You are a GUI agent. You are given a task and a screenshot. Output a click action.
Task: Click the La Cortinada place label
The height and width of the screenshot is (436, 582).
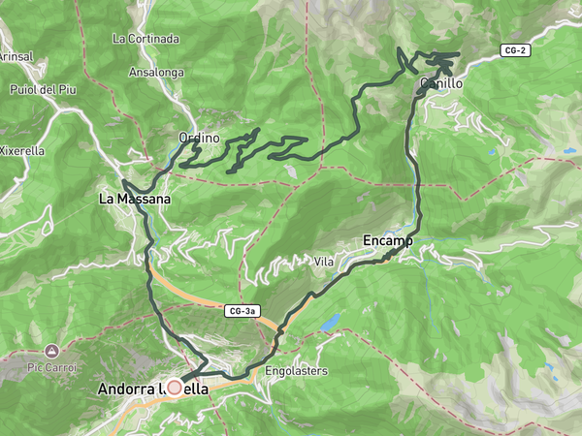pos(145,39)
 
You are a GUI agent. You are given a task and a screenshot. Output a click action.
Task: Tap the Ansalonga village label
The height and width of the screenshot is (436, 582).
pos(156,72)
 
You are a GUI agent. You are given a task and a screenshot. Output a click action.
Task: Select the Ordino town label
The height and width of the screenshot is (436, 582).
pos(200,139)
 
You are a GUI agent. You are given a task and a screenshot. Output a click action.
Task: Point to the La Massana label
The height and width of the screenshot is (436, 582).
pos(135,199)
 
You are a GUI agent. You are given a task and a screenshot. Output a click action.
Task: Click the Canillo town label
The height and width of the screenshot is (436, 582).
pos(442,84)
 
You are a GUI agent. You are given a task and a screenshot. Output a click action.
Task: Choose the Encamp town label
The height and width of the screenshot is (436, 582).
pos(388,239)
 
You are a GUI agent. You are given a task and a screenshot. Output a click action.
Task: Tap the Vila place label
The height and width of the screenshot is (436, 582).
pos(324,262)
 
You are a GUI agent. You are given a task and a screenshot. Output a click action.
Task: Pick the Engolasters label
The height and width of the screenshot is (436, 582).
pos(296,370)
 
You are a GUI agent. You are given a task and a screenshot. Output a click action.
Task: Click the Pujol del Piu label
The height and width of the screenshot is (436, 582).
pos(44,90)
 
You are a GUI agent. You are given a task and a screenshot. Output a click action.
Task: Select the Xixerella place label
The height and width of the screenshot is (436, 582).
pos(21,150)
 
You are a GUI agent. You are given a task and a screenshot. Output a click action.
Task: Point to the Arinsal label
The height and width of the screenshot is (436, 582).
pos(16,57)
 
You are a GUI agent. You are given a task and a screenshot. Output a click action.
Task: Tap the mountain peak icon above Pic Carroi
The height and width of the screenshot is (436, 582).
pos(50,350)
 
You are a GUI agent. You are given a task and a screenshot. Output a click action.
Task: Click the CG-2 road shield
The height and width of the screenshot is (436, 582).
pos(516,49)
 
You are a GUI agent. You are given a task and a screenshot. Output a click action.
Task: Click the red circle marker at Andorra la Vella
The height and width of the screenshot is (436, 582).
pos(175,388)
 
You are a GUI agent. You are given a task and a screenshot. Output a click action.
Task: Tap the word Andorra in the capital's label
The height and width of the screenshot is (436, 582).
pos(127,389)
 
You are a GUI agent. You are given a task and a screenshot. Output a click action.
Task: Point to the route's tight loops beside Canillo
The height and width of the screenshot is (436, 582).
pos(438,65)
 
